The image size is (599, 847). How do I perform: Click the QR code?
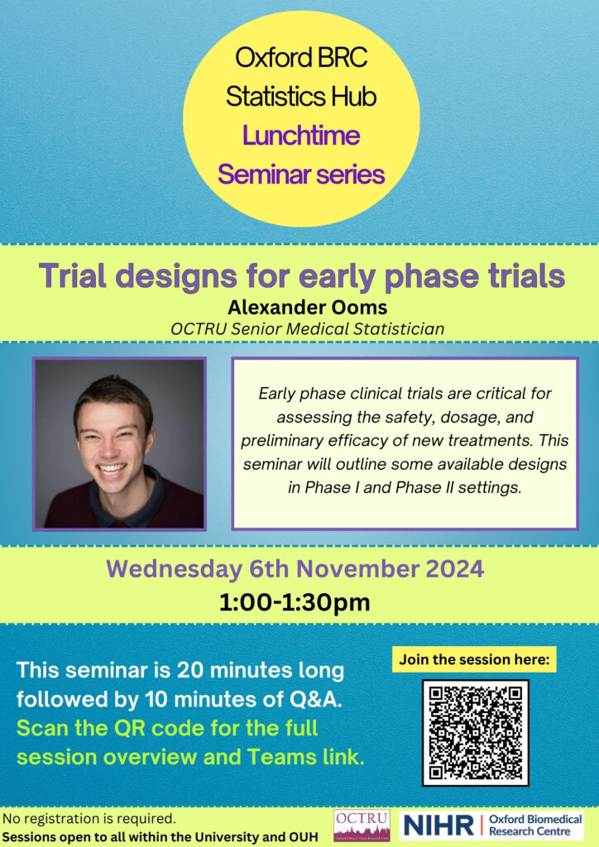point(475,733)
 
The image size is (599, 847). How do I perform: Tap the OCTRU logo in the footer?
point(362,825)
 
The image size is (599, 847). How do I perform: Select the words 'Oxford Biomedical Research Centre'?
point(535,825)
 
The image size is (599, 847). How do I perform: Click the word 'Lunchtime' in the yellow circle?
point(301,135)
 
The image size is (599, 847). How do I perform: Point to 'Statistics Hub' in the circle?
point(301,97)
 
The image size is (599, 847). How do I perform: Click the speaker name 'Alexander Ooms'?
point(307,308)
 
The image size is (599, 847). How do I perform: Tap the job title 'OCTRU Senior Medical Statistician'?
point(307,329)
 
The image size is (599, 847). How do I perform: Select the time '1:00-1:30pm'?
point(295,602)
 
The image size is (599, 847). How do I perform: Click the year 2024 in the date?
point(455,569)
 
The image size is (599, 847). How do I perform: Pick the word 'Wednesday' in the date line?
point(174,570)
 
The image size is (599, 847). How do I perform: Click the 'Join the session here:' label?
point(474,659)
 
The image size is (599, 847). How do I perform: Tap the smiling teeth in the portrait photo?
point(112,469)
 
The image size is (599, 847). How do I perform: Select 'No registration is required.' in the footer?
point(89,818)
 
